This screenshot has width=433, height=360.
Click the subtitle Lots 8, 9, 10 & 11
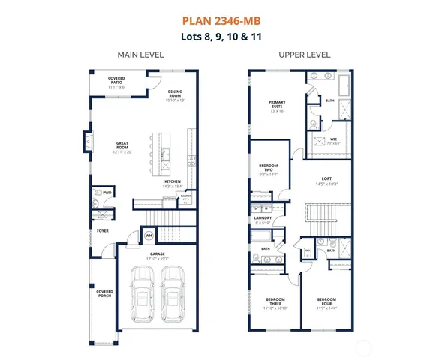point(216,35)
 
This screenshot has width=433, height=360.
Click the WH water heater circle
point(149,236)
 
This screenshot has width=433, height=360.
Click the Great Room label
point(122,145)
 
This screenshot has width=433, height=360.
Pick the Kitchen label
point(173,182)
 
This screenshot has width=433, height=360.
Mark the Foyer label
point(103,230)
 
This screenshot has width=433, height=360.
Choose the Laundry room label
point(263,220)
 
